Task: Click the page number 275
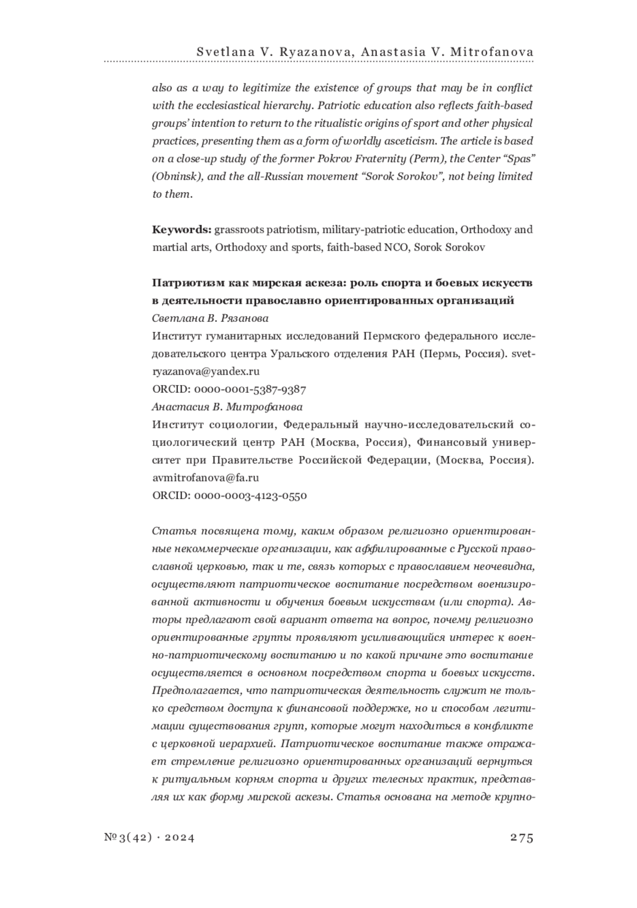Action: coord(521,837)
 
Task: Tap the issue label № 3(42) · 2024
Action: coord(150,837)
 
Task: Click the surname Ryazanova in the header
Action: coord(302,52)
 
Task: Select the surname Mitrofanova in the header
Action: coord(493,52)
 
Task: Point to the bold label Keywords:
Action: coord(182,229)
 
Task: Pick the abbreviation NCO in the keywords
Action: coord(397,247)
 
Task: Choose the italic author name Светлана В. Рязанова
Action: coord(210,319)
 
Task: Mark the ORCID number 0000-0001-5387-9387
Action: coord(251,389)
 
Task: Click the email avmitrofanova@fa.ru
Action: coord(205,478)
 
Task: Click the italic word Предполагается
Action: coord(197,691)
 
